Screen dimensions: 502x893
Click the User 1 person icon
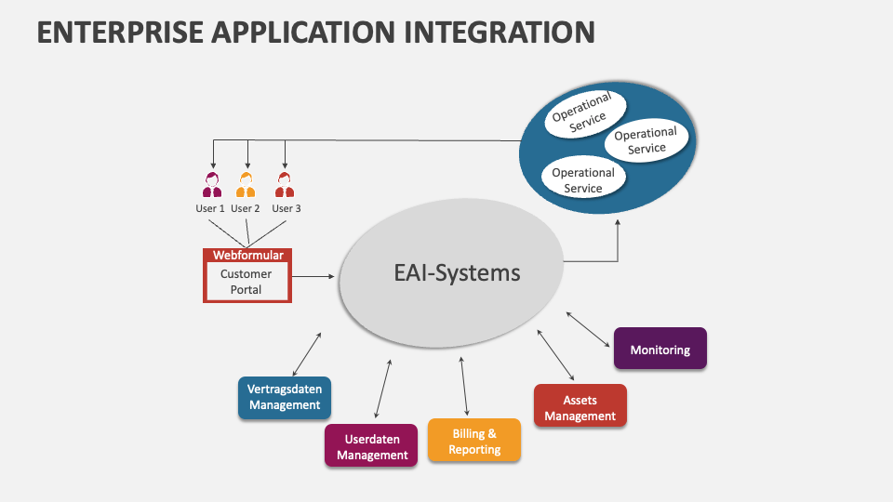click(x=212, y=185)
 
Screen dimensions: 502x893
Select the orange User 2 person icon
click(x=246, y=185)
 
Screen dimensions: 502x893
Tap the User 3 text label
click(x=286, y=209)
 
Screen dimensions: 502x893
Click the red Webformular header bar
click(x=247, y=255)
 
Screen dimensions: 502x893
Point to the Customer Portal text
click(x=247, y=282)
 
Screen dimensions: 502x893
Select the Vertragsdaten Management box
click(x=285, y=397)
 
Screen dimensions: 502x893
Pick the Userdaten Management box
click(x=371, y=446)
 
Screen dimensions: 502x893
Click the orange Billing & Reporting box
click(x=474, y=442)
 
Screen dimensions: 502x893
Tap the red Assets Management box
click(x=580, y=407)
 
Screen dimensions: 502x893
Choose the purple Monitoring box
click(x=660, y=350)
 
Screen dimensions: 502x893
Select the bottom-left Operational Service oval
click(x=583, y=179)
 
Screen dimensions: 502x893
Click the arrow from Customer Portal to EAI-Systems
click(x=314, y=276)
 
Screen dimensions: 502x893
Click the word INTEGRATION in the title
click(x=499, y=32)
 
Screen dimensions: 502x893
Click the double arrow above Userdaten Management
click(x=382, y=388)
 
